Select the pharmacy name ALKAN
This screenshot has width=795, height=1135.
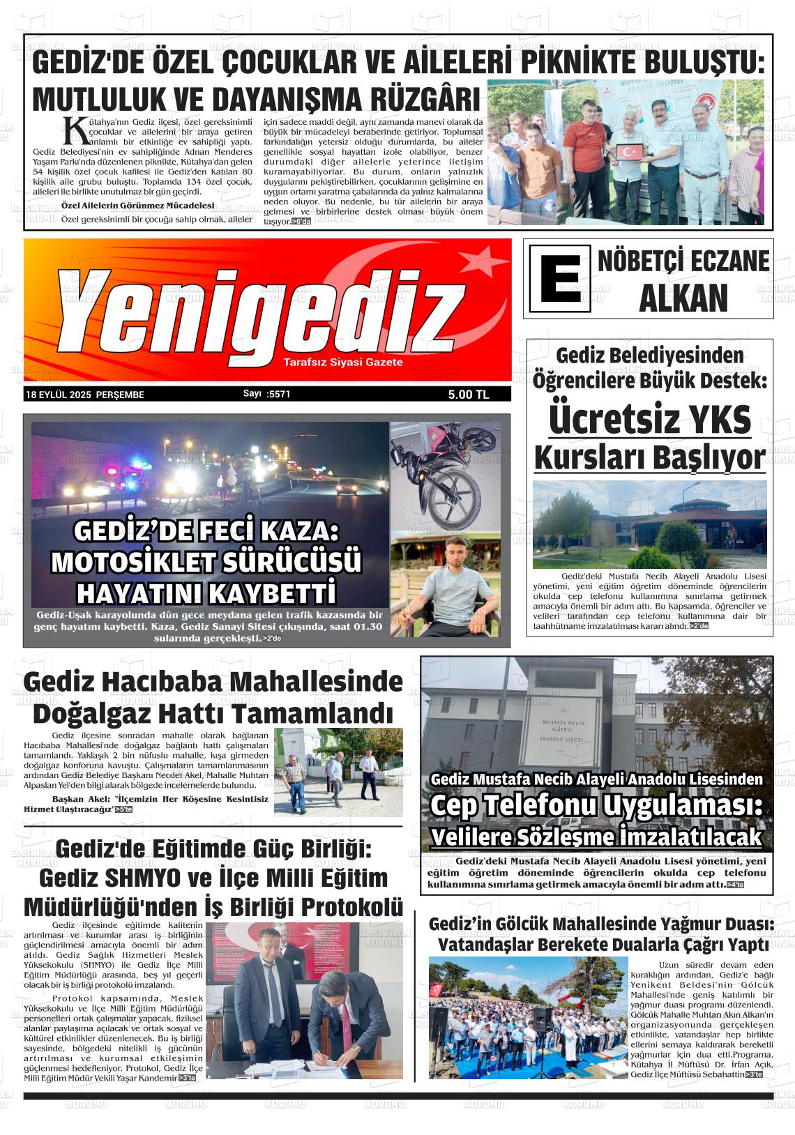pos(683,298)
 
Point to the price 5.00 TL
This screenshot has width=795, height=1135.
pos(469,395)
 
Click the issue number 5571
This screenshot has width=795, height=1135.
pos(278,394)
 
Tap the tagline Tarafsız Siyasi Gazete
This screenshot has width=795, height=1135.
pos(343,363)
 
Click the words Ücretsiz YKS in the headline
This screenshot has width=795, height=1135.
pos(649,420)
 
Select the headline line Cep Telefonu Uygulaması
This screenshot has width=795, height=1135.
pos(596,805)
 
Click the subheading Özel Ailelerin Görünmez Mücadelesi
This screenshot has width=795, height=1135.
pos(137,206)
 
